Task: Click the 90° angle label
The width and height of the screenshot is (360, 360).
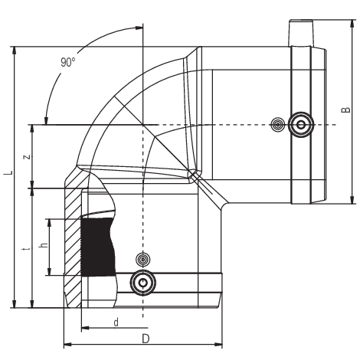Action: [68, 62]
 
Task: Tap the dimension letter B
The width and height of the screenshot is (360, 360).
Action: [346, 110]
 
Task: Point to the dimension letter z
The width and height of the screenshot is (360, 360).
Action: [27, 156]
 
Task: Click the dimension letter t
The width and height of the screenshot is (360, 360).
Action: [27, 248]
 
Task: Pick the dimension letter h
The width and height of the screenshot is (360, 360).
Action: [44, 244]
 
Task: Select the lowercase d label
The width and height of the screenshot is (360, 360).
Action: [116, 322]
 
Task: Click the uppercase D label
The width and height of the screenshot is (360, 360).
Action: [146, 339]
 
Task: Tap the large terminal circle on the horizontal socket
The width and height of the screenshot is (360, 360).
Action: [301, 125]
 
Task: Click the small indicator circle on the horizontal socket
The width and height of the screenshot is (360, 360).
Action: [277, 125]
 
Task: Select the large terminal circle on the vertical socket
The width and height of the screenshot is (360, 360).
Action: [143, 283]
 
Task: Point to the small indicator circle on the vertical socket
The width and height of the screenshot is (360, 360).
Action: [143, 260]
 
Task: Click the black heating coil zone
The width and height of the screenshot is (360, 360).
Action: [98, 247]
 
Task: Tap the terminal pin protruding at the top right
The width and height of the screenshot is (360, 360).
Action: [301, 33]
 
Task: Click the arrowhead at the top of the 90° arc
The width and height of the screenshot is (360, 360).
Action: [138, 28]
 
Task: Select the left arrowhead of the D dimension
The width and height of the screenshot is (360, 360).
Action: [67, 345]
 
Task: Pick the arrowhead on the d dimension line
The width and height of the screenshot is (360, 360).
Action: [85, 328]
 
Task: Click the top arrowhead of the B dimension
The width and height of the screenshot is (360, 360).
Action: [352, 24]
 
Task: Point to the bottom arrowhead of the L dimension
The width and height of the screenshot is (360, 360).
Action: [15, 304]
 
